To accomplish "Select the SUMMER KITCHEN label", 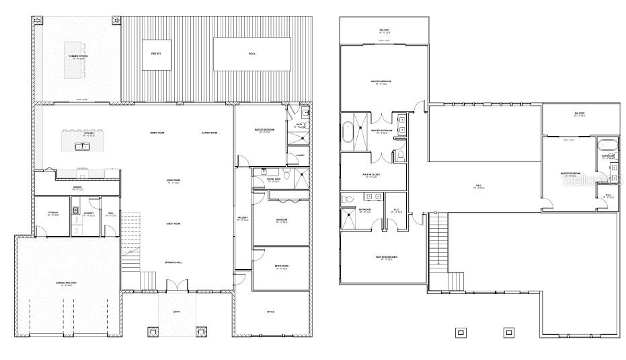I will (78, 56).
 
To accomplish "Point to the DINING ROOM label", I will (158, 133).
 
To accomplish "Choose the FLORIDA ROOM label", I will (209, 133).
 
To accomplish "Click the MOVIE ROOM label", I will (281, 268).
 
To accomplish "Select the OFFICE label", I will (270, 312).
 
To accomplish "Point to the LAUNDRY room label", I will (88, 213).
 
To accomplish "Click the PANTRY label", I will (79, 188).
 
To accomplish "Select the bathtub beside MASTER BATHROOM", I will (348, 131).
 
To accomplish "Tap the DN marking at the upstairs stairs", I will (436, 213).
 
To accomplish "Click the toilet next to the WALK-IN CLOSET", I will (399, 157).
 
